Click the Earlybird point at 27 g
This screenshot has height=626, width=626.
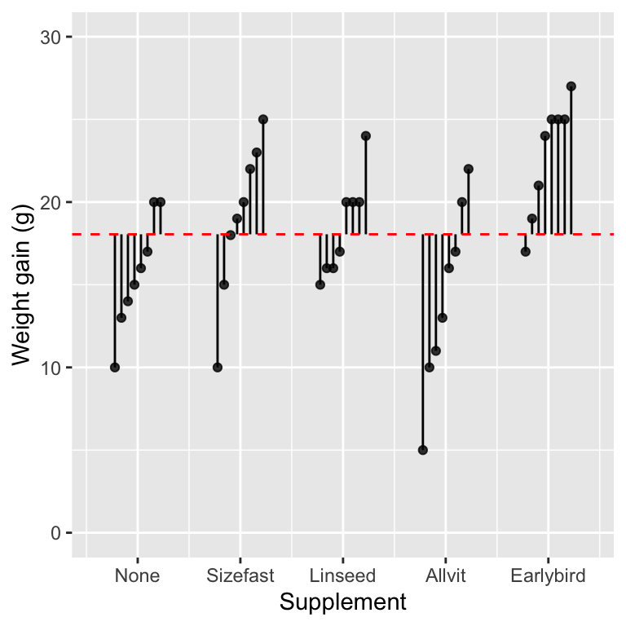(571, 86)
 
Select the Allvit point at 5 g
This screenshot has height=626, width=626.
(423, 450)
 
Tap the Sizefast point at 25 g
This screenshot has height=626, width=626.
(263, 119)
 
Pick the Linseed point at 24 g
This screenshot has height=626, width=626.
(366, 136)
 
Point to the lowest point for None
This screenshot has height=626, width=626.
(115, 368)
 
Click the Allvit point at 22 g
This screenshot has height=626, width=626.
(469, 169)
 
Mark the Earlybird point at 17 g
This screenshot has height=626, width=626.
(526, 251)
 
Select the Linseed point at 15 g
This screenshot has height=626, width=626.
(320, 284)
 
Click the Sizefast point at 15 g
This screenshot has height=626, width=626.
(224, 284)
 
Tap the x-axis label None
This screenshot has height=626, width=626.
(137, 576)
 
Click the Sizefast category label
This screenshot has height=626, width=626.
(240, 576)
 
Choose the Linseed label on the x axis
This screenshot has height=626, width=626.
(343, 576)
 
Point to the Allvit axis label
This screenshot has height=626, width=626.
(446, 576)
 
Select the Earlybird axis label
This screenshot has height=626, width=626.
(549, 576)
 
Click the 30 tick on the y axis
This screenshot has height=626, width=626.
(53, 37)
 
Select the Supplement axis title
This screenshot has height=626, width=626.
(342, 603)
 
